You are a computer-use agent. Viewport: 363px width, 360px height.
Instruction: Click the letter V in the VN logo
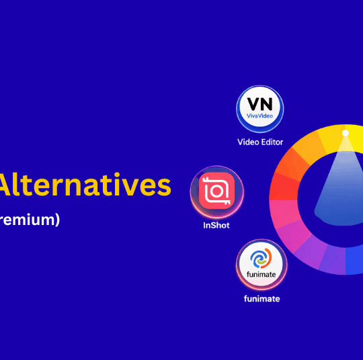coord(252,105)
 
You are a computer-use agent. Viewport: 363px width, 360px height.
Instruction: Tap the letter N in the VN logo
coord(267,105)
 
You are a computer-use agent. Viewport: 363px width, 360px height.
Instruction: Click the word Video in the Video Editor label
coord(249,142)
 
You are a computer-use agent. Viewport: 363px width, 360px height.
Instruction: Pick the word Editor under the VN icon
coord(272,142)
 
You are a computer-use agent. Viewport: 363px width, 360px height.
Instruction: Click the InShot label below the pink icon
coord(216,225)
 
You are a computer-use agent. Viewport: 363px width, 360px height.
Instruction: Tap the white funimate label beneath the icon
coord(261,298)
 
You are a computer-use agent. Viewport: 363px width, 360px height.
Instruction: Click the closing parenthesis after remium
coord(57,219)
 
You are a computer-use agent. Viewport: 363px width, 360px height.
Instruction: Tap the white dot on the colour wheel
coord(345,133)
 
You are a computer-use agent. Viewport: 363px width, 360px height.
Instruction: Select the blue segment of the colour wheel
coord(354,263)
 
